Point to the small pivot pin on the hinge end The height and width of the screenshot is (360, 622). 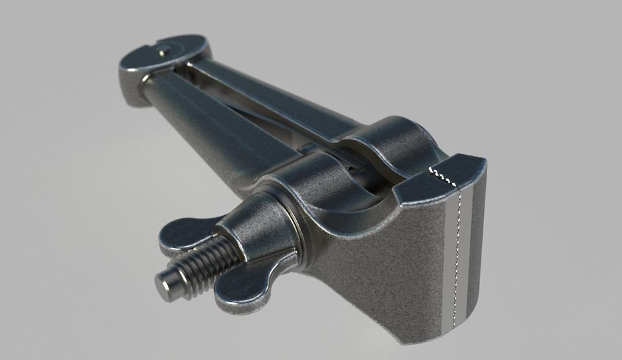pos(164,46)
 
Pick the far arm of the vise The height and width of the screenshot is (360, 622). pos(279,97)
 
